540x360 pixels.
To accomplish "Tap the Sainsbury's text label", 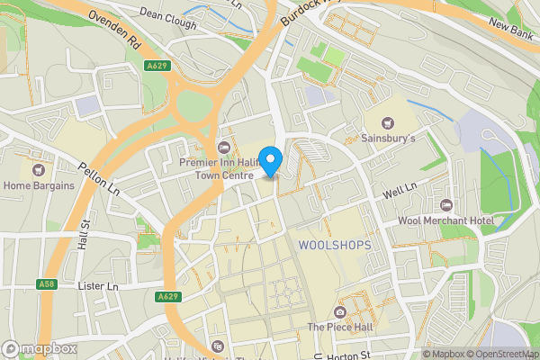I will coord(388,139).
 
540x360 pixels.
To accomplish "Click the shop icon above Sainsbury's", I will coord(388,122).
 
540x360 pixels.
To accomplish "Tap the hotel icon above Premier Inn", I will coord(224,147).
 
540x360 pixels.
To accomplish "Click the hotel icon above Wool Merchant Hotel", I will coord(446,203).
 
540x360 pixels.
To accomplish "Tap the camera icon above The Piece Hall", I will coord(339,311).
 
